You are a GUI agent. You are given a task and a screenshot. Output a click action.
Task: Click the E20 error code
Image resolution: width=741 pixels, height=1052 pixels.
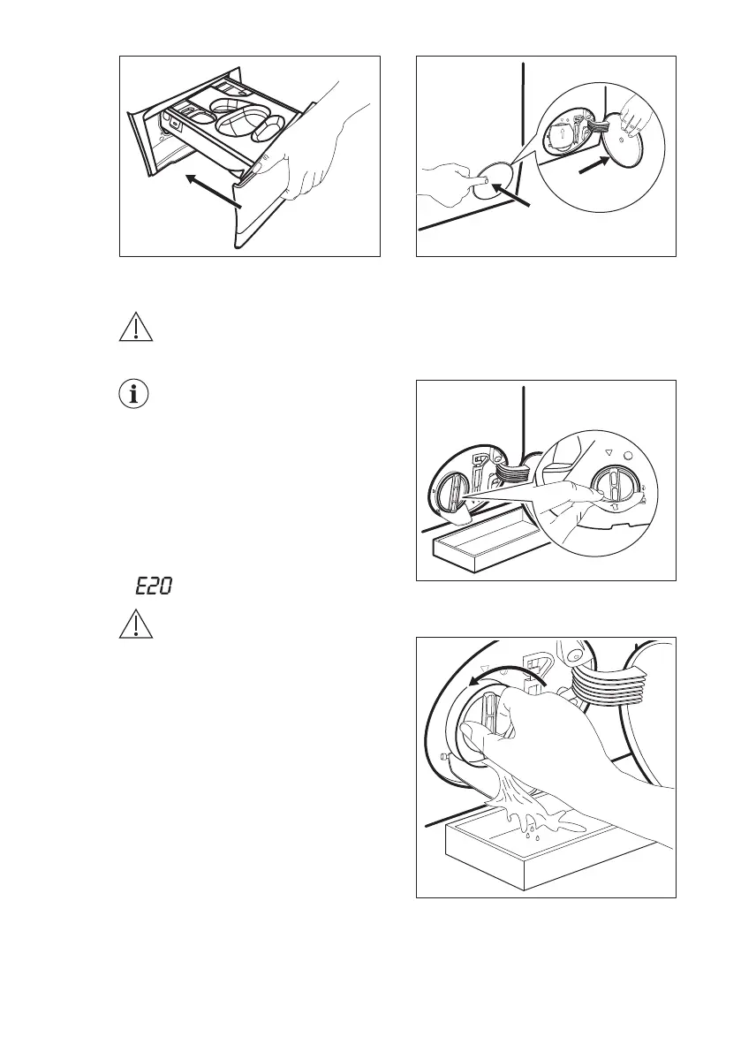pos(152,586)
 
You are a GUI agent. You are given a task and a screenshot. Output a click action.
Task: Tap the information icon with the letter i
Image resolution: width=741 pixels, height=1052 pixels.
pos(134,395)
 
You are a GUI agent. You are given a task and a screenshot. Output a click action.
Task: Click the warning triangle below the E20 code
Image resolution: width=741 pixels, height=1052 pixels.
pos(134,626)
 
